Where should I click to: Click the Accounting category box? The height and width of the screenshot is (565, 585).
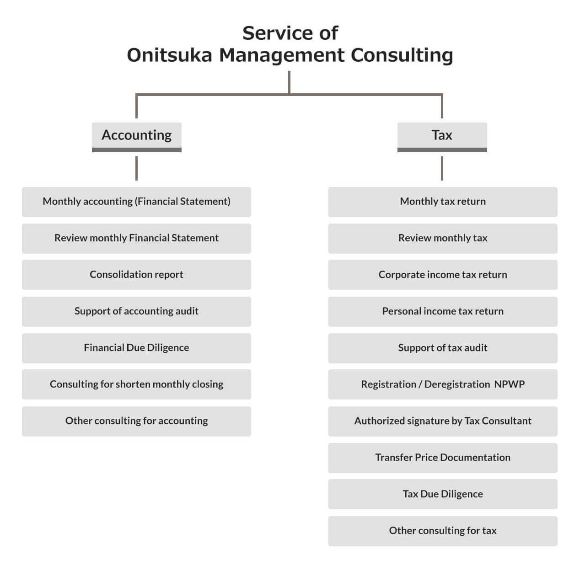pos(136,135)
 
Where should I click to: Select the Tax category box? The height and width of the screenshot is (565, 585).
pos(442,135)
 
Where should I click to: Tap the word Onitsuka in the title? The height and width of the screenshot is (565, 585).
pos(169,55)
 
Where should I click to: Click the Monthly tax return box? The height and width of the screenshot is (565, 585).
pos(442,202)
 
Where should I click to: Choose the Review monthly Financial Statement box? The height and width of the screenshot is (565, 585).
pos(136,238)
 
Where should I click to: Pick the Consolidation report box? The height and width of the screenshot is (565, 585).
pos(136,275)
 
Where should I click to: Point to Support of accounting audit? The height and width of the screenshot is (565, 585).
pos(136,311)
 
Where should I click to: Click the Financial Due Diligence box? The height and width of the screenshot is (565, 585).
pos(136,348)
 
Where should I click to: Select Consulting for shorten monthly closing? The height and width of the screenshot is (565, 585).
pos(136,384)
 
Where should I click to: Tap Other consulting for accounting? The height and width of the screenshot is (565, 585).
pos(136,421)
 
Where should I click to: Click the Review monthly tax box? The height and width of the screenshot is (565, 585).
pos(442,238)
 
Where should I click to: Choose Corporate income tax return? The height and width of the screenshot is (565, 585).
pos(442,275)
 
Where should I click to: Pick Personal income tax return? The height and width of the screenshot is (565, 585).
pos(442,311)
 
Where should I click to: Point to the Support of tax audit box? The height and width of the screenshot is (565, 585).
pos(442,348)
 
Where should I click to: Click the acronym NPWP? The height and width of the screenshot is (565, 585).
pos(509,384)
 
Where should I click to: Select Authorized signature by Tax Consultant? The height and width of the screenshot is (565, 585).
pos(442,421)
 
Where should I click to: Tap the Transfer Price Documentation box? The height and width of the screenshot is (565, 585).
pos(442,458)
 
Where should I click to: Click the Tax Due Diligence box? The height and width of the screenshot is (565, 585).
pos(442,494)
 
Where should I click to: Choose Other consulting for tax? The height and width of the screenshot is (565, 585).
pos(442,531)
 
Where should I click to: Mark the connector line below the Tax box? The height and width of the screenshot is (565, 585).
pos(442,168)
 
